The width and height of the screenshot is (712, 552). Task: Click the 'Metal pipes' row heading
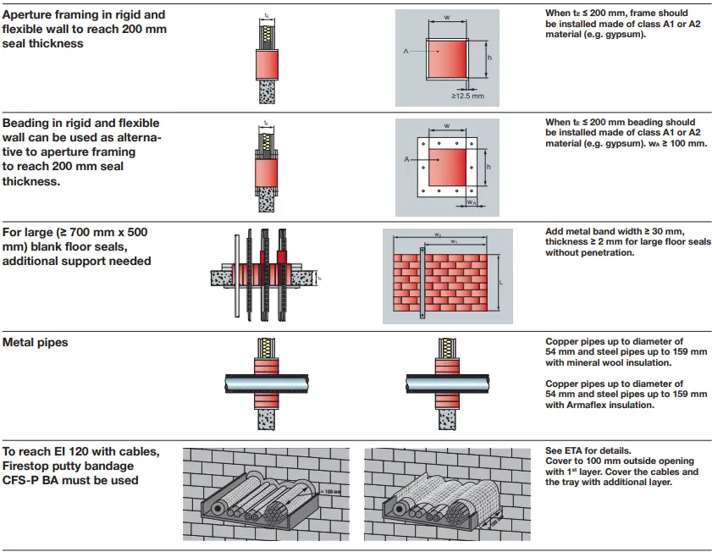(x=36, y=343)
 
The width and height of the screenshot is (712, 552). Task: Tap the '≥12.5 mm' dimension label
(x=468, y=97)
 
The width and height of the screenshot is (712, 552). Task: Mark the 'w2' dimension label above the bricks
(x=438, y=235)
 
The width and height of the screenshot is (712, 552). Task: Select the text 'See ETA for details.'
(x=587, y=450)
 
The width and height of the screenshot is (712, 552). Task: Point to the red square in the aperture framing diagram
(x=445, y=59)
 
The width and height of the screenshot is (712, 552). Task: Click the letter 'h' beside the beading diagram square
(x=488, y=166)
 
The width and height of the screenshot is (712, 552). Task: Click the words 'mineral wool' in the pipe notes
(x=601, y=362)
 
